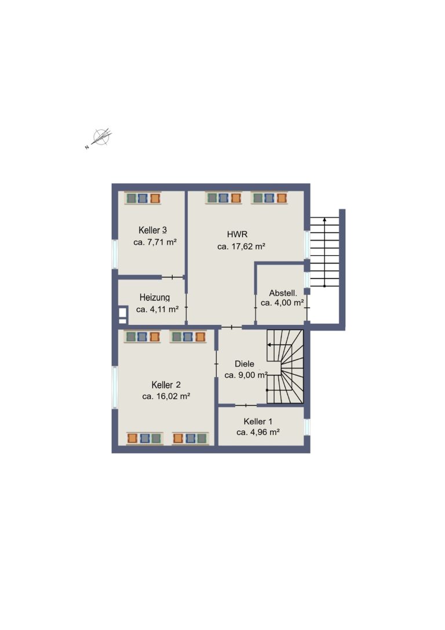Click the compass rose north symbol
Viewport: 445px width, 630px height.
point(100,138)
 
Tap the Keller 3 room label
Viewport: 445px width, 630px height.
point(152,230)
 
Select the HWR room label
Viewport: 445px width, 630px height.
point(237,234)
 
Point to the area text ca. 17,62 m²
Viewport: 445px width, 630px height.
point(241,247)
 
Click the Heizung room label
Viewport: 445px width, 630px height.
point(155,298)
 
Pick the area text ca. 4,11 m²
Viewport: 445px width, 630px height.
point(157,309)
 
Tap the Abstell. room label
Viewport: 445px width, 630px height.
point(283,293)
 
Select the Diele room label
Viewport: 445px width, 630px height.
point(245,364)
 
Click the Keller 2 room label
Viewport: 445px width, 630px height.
point(166,385)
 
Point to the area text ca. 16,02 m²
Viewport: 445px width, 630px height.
point(166,396)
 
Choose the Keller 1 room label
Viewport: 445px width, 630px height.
point(258,422)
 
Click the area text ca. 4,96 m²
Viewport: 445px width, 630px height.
point(258,432)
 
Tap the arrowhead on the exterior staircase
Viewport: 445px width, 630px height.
point(324,219)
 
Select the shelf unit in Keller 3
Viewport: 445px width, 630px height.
point(143,198)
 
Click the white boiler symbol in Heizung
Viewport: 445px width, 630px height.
point(122,315)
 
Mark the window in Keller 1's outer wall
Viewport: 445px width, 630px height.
point(307,427)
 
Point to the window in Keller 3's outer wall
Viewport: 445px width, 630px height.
point(115,254)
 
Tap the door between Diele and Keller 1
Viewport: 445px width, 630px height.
point(246,405)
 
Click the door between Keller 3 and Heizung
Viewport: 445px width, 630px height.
point(173,277)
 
